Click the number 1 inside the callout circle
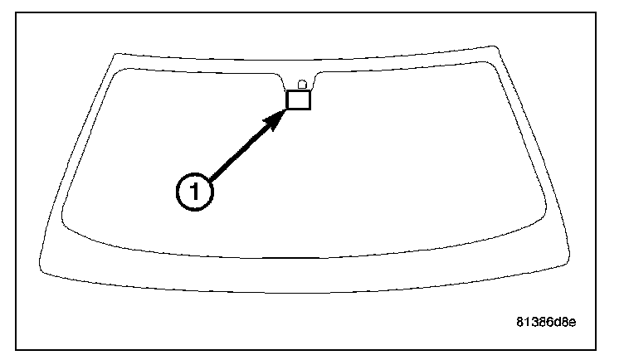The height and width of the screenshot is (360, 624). pos(194,191)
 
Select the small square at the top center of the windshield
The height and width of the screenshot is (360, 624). pos(298,100)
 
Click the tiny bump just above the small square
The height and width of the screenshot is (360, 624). pos(301,84)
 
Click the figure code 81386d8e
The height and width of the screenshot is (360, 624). pos(545,322)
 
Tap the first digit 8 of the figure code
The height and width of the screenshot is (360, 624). pos(521,322)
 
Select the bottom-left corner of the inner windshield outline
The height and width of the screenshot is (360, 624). pos(64,221)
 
